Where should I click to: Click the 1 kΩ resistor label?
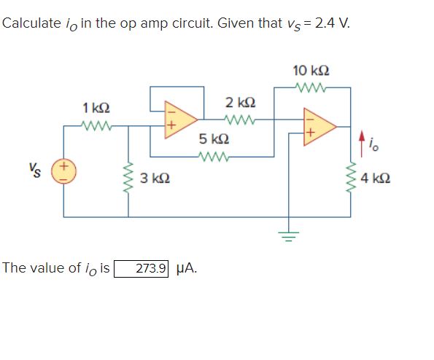pos(97,108)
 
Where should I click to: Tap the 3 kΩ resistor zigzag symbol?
pos(130,177)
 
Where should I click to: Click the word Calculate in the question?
pos(32,23)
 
